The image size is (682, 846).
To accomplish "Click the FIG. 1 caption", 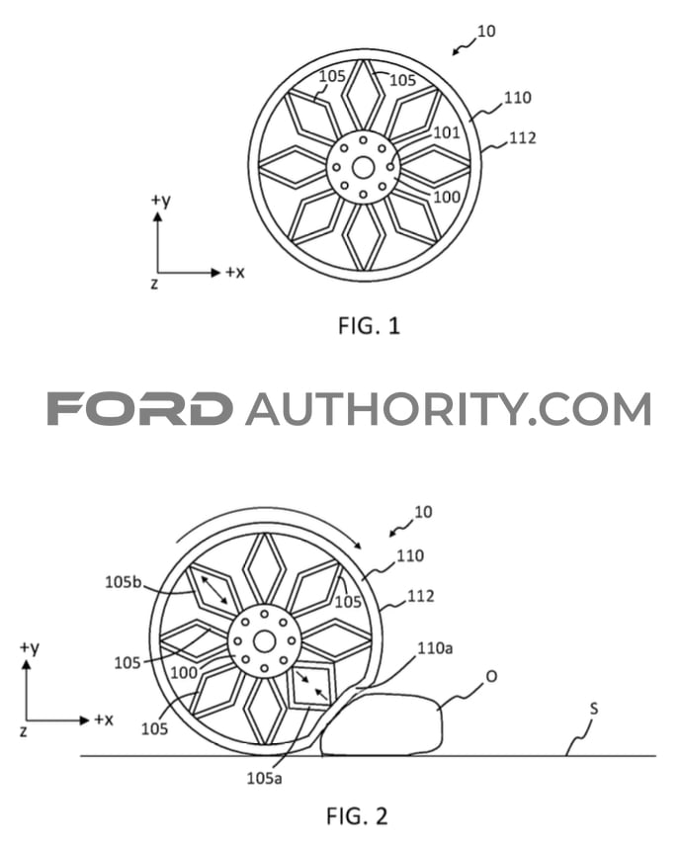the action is (369, 326).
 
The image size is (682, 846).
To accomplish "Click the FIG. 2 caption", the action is (357, 816).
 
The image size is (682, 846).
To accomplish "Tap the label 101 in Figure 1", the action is (446, 132).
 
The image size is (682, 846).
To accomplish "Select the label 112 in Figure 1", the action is (522, 138).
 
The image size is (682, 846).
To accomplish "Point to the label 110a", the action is (435, 647).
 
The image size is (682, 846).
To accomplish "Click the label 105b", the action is (123, 581).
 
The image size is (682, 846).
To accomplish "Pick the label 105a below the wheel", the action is (264, 778).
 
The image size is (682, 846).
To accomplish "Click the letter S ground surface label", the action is (593, 709).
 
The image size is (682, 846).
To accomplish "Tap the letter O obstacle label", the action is (491, 676).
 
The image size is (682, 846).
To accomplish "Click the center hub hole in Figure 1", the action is (363, 168).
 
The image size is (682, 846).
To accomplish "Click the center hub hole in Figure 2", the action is (264, 642).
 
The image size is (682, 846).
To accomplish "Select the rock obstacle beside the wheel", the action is (382, 725).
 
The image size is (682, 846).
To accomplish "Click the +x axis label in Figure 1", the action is (234, 273).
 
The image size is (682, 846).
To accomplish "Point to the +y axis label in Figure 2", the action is (30, 647).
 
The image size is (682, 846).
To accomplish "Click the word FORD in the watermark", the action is (140, 408).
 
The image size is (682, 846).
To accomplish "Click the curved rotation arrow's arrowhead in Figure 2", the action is (357, 544).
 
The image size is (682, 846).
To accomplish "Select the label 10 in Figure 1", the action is (486, 32).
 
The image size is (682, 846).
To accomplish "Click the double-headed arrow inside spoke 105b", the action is (214, 590).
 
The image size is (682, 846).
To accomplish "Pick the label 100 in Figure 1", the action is (447, 197).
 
